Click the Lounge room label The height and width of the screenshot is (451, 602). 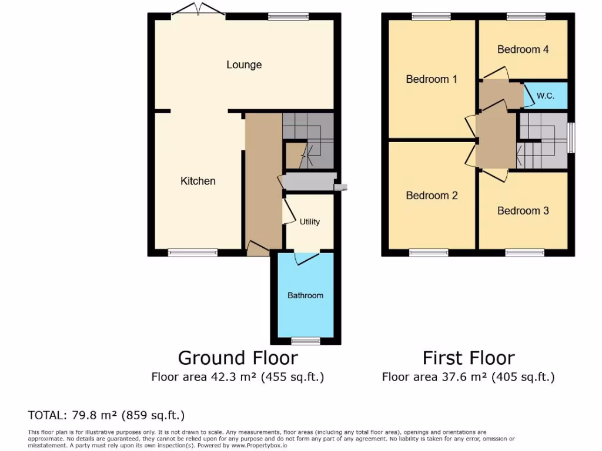point(244,65)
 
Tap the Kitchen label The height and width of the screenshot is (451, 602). point(198,181)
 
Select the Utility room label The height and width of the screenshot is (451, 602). point(310,221)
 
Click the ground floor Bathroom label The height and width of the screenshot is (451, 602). point(305,295)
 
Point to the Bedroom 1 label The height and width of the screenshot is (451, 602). point(432,79)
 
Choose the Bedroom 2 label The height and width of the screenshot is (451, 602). point(432,196)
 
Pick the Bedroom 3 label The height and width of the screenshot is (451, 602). point(523,210)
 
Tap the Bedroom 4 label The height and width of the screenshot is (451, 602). point(523,49)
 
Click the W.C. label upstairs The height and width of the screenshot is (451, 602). point(546,95)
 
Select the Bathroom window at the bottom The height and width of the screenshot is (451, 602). point(306,341)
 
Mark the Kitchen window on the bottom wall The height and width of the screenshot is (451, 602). point(193,253)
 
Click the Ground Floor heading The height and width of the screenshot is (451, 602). point(238,358)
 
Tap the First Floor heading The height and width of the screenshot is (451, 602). point(469,358)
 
